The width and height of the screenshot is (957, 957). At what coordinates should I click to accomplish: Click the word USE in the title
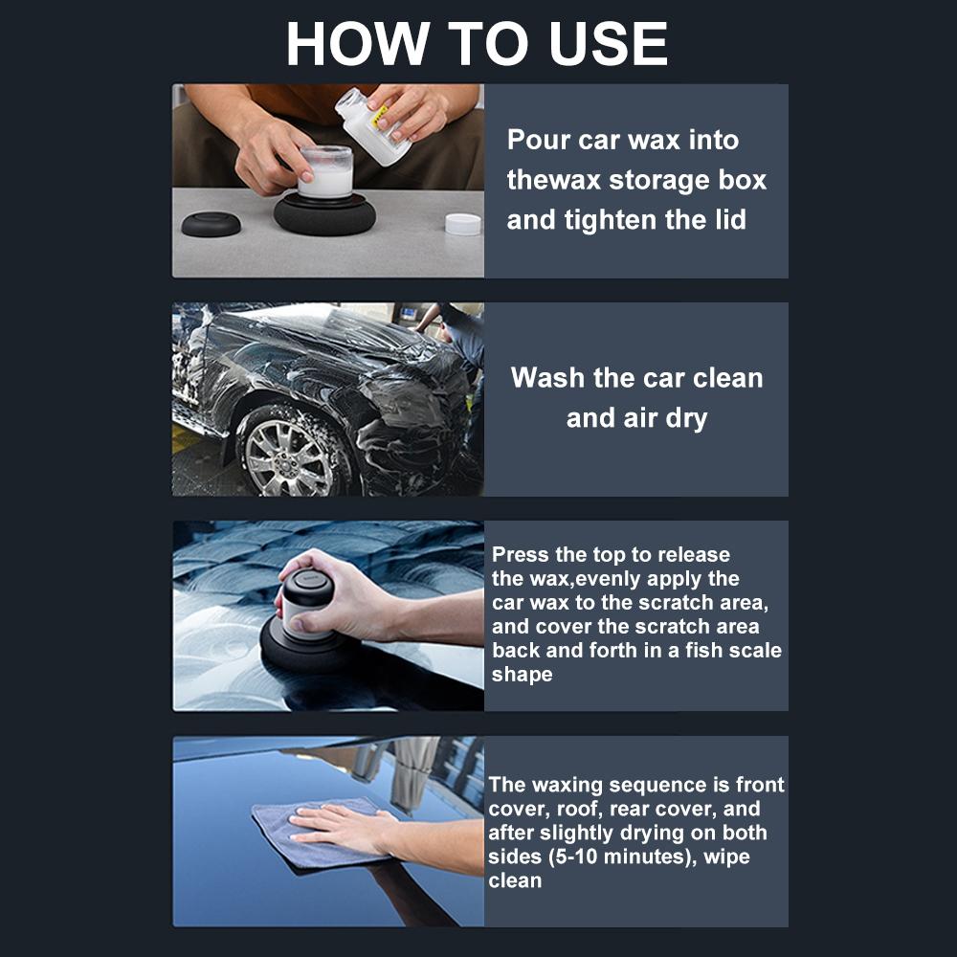(608, 43)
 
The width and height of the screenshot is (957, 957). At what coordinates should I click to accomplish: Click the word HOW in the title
(357, 43)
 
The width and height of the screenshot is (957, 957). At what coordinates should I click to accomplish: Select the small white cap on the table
(462, 224)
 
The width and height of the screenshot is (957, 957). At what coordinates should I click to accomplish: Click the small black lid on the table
(211, 224)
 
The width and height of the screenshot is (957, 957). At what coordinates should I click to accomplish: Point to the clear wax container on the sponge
(326, 171)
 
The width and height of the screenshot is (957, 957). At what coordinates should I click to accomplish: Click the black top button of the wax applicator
(307, 588)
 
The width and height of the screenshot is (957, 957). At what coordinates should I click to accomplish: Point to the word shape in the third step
(523, 675)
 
